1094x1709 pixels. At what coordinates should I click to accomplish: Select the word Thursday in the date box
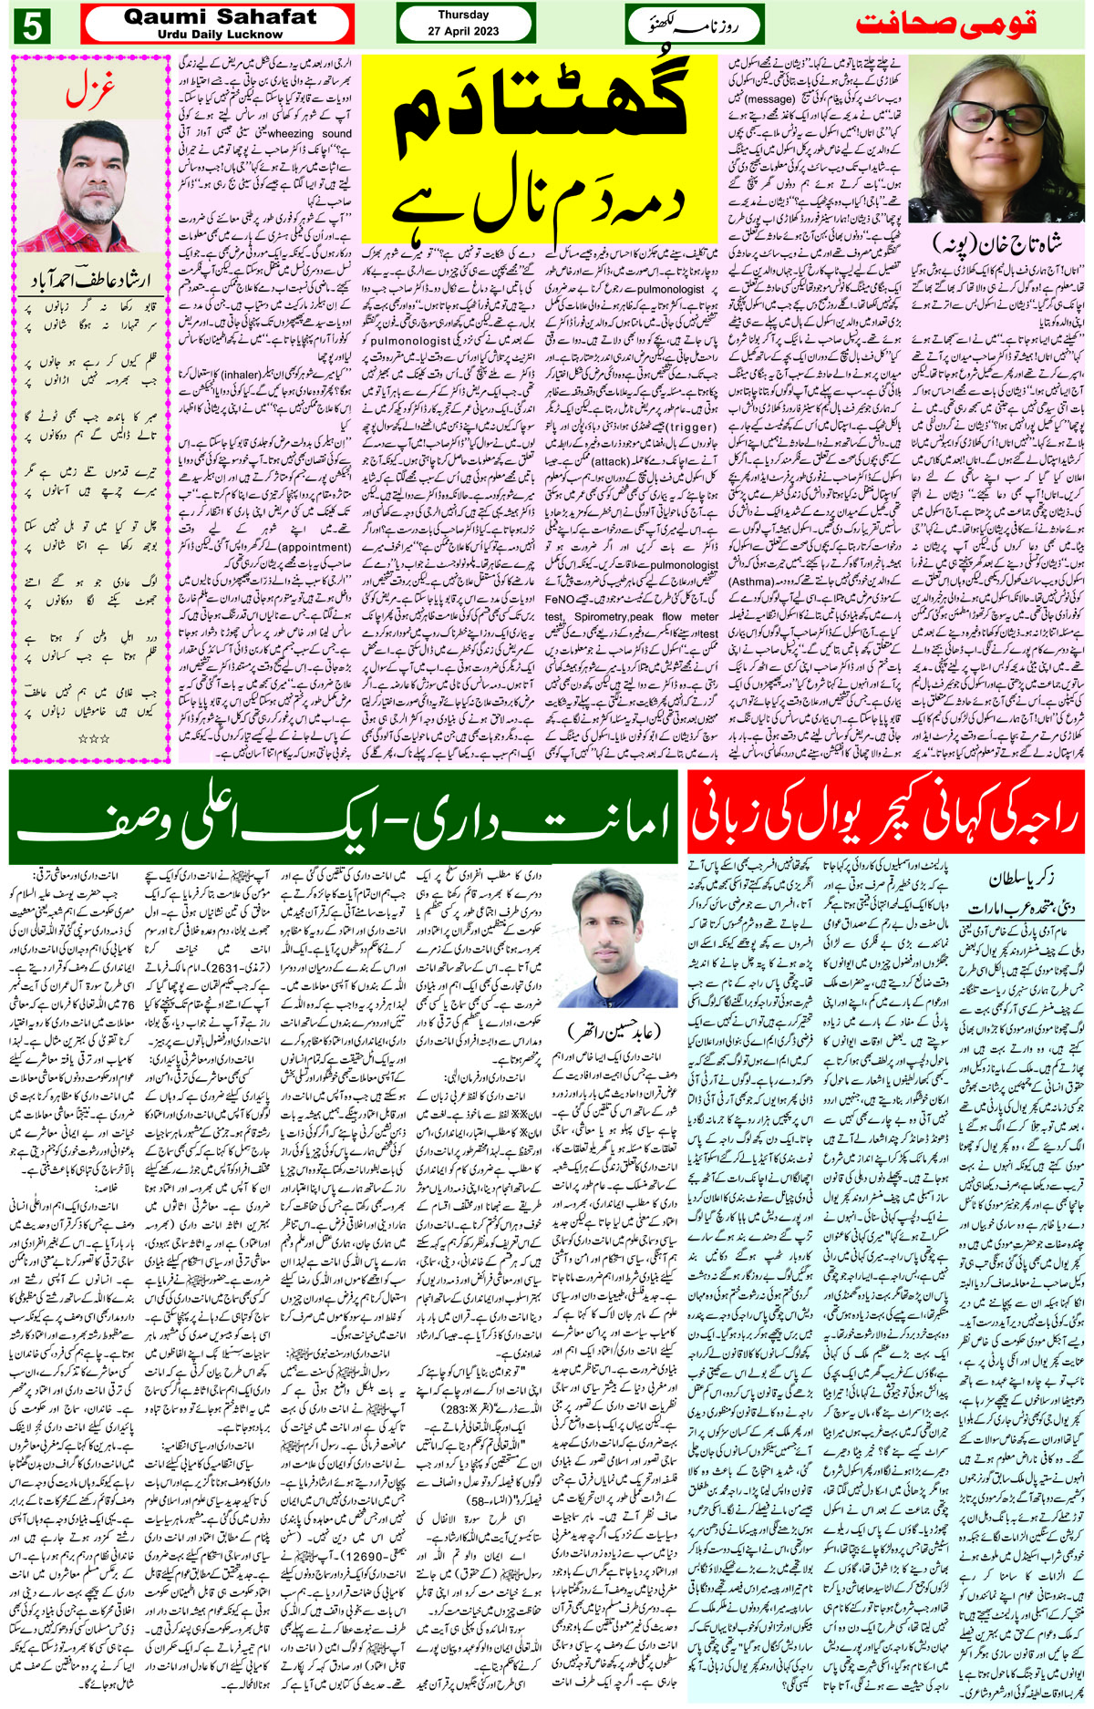pos(463,15)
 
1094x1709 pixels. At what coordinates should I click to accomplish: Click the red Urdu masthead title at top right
pos(948,25)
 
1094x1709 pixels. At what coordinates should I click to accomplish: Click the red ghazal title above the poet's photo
pos(89,94)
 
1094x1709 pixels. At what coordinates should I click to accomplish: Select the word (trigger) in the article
pos(690,426)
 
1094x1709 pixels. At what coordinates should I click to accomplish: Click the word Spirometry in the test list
pos(599,616)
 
